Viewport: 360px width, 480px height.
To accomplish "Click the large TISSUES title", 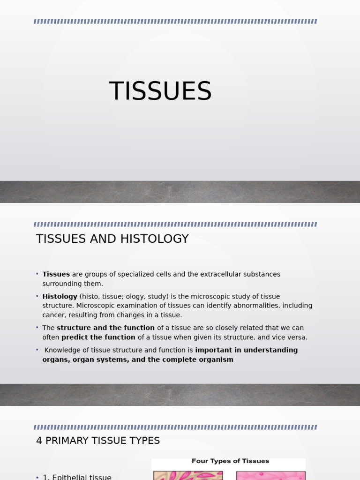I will coord(160,91).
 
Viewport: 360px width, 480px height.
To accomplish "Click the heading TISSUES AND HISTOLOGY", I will coord(112,239).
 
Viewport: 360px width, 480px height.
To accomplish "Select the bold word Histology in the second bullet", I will coord(60,297).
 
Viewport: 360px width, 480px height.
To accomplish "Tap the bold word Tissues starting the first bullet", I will coord(56,274).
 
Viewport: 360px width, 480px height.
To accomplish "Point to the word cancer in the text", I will coord(53,315).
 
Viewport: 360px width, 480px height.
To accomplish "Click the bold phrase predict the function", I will coord(98,337).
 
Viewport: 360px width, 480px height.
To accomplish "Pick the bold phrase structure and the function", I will coord(105,328).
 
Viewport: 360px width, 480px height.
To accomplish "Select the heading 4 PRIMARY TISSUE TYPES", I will coord(98,441).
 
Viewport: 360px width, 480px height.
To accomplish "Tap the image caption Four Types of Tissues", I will coord(230,461).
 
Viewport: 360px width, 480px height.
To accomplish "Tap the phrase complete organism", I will coord(206,360).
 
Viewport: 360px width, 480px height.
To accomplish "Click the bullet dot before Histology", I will coord(37,296).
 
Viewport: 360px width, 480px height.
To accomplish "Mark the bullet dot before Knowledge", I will coord(37,350).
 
